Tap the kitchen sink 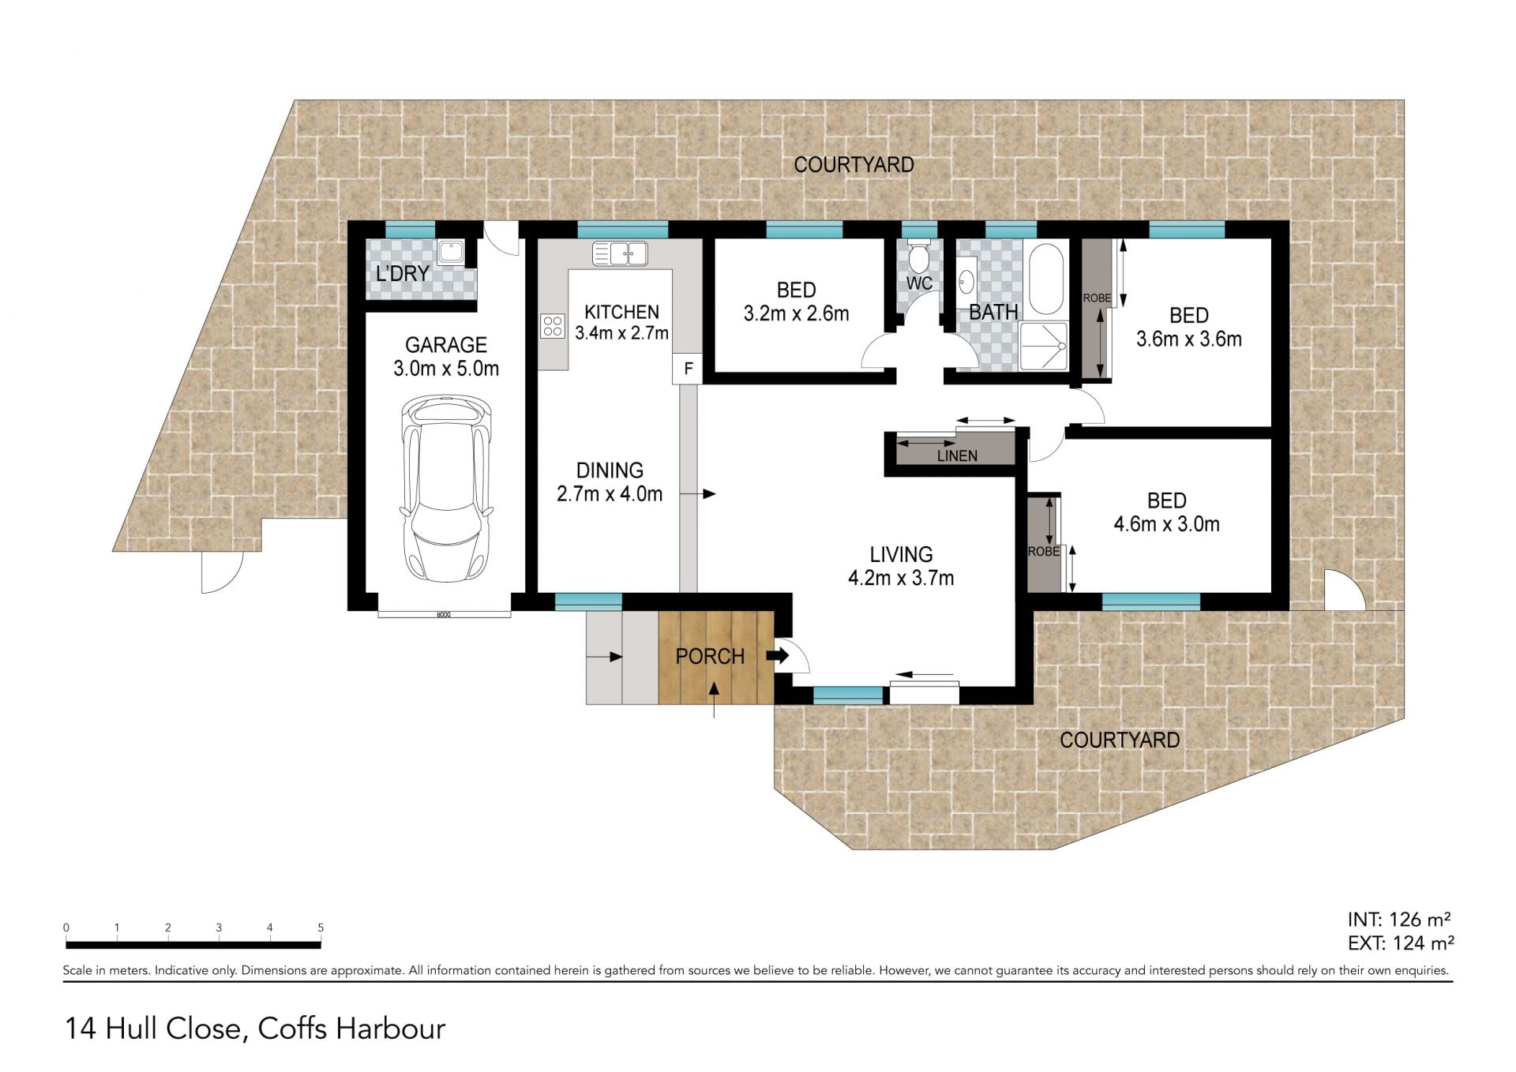pyautogui.click(x=621, y=253)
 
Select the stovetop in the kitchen pyautogui.click(x=553, y=326)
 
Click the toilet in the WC pyautogui.click(x=918, y=256)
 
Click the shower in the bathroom pyautogui.click(x=1045, y=346)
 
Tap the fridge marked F pyautogui.click(x=688, y=369)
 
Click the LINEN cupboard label pyautogui.click(x=957, y=455)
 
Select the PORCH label pyautogui.click(x=710, y=656)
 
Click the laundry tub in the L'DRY pyautogui.click(x=452, y=253)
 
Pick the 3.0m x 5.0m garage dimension pyautogui.click(x=446, y=369)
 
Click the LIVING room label pyautogui.click(x=901, y=554)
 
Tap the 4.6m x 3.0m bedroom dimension pyautogui.click(x=1166, y=524)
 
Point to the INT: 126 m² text pyautogui.click(x=1399, y=920)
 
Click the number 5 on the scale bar pyautogui.click(x=321, y=928)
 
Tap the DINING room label pyautogui.click(x=610, y=470)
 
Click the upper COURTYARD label pyautogui.click(x=854, y=165)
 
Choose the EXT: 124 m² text pyautogui.click(x=1401, y=943)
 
